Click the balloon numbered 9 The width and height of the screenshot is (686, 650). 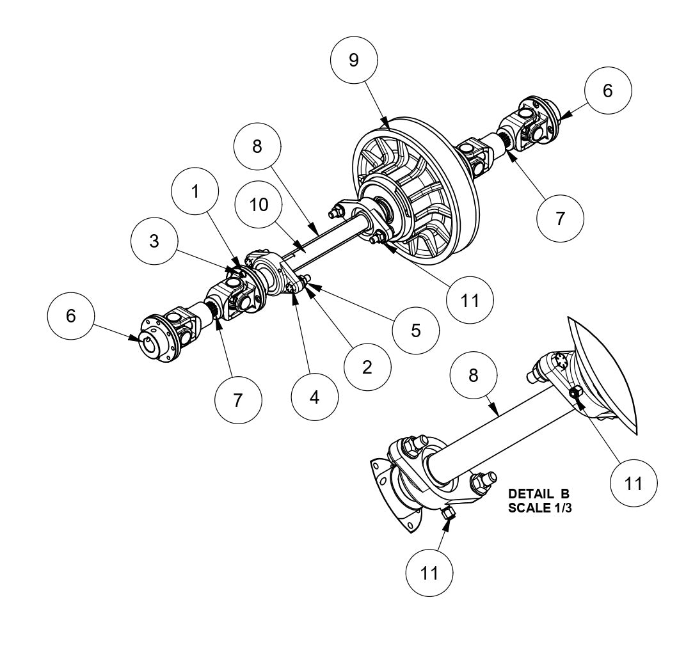[x=353, y=60]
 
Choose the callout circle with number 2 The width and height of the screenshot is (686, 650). [x=367, y=367]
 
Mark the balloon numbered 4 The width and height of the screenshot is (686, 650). [x=314, y=397]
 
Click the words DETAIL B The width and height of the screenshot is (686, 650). [x=538, y=495]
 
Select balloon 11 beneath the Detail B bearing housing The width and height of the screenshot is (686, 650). [x=430, y=573]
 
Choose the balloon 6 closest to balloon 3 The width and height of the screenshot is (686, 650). [x=71, y=315]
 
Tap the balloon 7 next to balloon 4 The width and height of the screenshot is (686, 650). [x=238, y=400]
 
